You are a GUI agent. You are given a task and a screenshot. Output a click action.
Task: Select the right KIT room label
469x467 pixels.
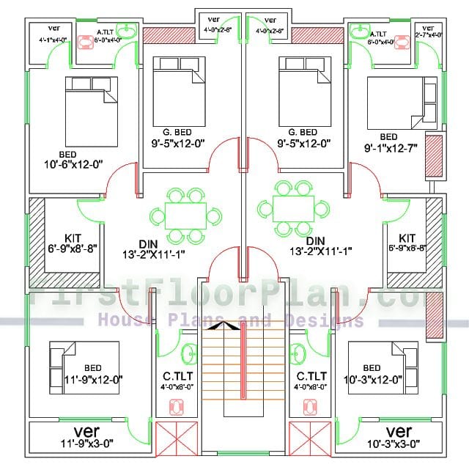407,238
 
